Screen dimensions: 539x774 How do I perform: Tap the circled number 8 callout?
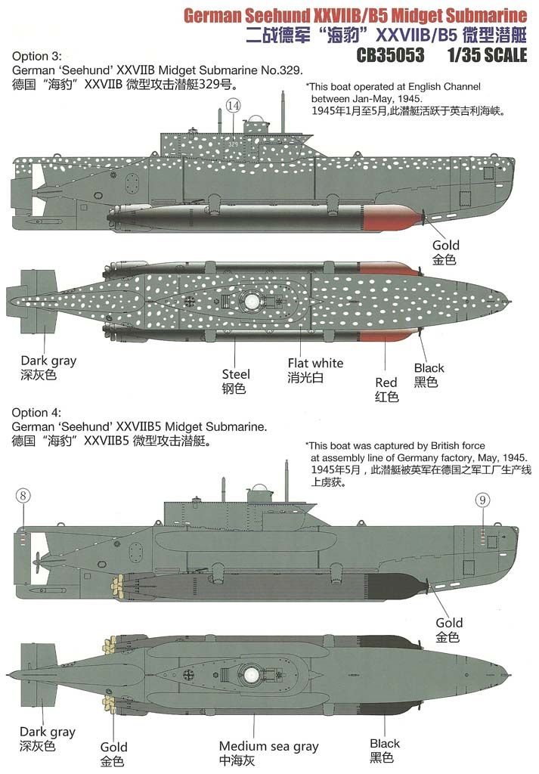pos(23,496)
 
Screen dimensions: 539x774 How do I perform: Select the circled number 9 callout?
pos(485,500)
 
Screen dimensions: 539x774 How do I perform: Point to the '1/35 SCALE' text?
pos(488,55)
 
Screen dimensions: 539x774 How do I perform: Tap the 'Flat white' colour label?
pos(315,363)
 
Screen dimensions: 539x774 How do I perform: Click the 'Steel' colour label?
pos(236,374)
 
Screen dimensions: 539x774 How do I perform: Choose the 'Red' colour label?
pos(387,382)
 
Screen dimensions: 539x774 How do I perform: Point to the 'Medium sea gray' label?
pos(268,746)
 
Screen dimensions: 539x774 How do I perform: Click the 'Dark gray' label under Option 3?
pos(48,361)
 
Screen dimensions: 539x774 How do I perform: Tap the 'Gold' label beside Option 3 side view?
pos(446,245)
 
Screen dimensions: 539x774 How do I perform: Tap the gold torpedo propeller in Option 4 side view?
pos(119,585)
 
